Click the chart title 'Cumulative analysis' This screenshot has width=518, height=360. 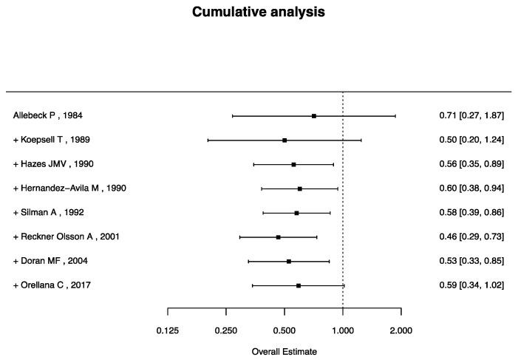coord(259,13)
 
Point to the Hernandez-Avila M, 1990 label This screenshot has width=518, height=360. coord(69,189)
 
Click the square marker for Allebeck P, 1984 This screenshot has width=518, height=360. coord(314,116)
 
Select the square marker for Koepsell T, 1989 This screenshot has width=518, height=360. coord(284,140)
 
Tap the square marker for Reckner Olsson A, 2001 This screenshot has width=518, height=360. coord(278,237)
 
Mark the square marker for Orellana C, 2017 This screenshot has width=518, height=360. coord(299,285)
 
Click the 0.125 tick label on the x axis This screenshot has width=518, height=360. coord(168,330)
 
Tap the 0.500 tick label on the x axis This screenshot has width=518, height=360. coord(284,330)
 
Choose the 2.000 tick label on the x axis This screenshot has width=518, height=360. coord(401,330)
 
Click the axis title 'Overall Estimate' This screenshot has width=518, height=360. coord(284,352)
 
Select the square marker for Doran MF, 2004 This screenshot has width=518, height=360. coord(289,261)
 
